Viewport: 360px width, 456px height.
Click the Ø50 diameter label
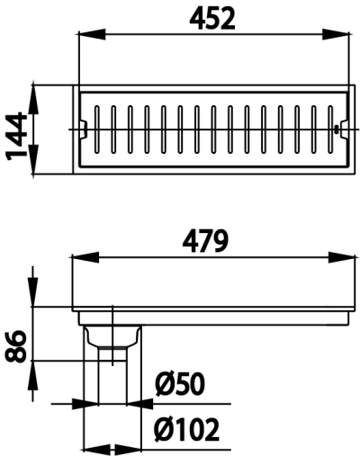pyautogui.click(x=179, y=386)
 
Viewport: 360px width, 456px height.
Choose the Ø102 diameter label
pyautogui.click(x=186, y=430)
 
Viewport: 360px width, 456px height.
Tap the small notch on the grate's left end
pyautogui.click(x=85, y=129)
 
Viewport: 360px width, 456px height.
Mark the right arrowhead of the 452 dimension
pyautogui.click(x=344, y=34)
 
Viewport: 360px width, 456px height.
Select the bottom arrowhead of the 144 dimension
pyautogui.click(x=33, y=169)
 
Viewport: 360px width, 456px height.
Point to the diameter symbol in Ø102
pyautogui.click(x=164, y=430)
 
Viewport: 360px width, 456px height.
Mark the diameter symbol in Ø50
pyautogui.click(x=164, y=386)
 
